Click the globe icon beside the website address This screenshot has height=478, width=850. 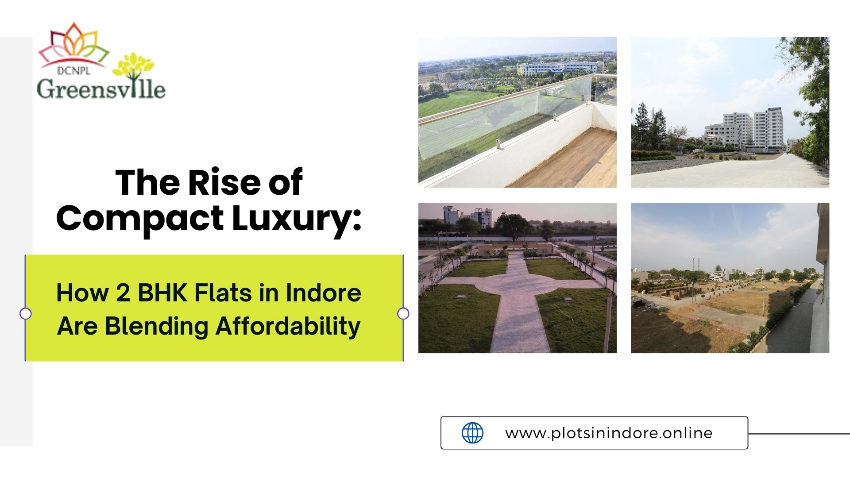[472, 433]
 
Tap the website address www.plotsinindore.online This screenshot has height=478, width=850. [609, 433]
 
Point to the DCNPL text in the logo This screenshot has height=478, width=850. [73, 70]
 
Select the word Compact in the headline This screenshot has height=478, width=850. [140, 218]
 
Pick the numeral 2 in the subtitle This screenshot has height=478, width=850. [123, 293]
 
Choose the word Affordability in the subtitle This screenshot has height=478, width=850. [288, 327]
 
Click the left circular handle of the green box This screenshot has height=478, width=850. [26, 313]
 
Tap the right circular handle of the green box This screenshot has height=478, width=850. [403, 313]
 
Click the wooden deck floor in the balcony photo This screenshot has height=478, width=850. [571, 164]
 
